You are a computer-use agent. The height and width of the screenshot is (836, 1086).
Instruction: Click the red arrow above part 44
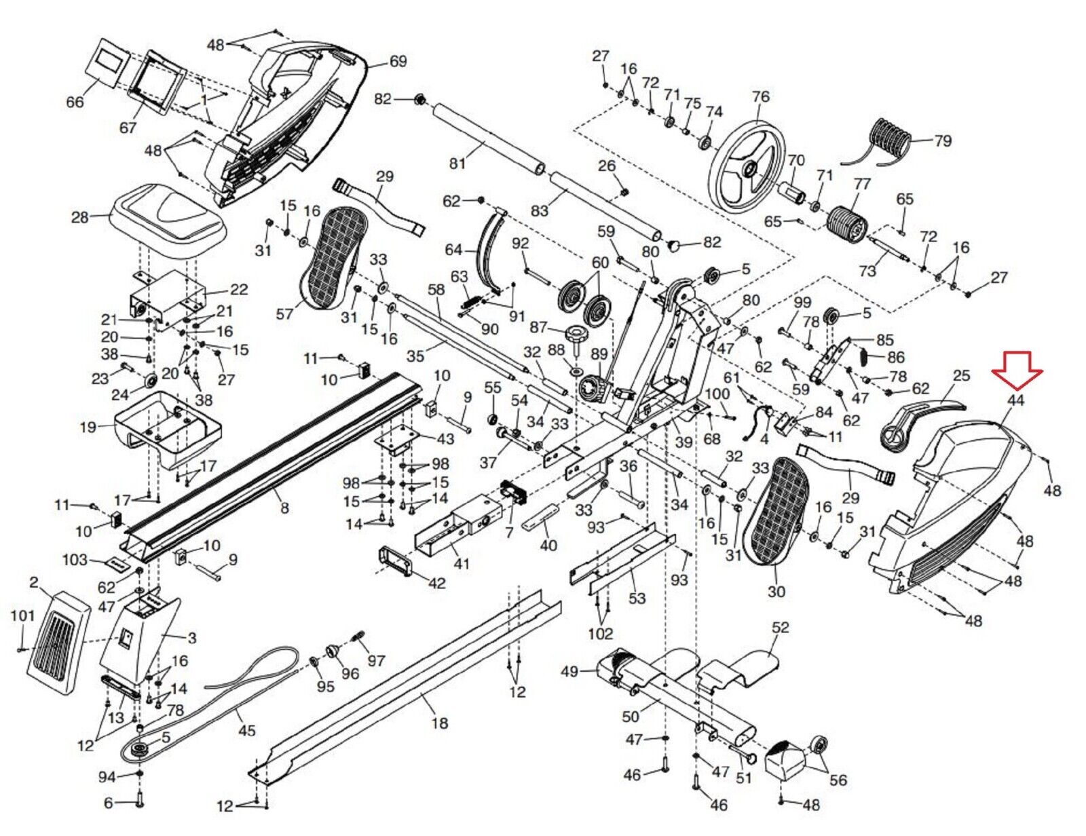click(x=1017, y=368)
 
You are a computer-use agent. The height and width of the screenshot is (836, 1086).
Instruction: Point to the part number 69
click(x=398, y=61)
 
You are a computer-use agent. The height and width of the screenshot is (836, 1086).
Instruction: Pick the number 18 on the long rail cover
click(x=440, y=723)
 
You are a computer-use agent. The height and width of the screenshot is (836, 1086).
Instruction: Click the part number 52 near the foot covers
click(x=781, y=627)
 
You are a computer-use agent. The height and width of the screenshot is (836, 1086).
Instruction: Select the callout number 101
click(x=22, y=615)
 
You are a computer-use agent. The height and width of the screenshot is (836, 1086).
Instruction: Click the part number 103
click(x=75, y=560)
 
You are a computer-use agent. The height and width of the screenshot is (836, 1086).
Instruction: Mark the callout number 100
click(x=717, y=394)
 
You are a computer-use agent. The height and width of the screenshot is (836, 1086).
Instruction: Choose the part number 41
click(x=462, y=563)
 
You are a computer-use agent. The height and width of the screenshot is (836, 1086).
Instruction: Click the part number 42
click(x=436, y=583)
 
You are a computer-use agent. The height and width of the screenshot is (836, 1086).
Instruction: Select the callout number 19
click(x=88, y=427)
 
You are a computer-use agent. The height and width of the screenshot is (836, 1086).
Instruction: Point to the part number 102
click(x=600, y=633)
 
